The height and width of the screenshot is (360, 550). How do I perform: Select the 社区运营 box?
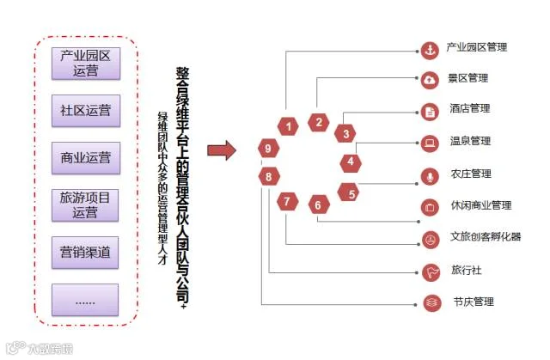tap(85, 111)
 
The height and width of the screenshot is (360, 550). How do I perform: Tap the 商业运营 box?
tap(85, 158)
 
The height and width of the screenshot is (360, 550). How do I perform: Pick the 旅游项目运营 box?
tap(85, 205)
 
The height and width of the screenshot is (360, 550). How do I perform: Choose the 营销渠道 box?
tap(85, 253)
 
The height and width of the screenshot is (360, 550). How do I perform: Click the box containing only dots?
tap(85, 300)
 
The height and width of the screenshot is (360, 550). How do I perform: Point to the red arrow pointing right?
tap(222, 152)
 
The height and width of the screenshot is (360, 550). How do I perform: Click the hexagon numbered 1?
tap(290, 127)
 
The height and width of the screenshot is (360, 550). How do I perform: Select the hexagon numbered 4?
tap(351, 161)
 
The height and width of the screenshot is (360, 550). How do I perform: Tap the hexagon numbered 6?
tap(317, 205)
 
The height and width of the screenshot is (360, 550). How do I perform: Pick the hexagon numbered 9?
tap(269, 149)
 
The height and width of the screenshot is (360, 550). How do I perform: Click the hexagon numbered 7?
tap(287, 203)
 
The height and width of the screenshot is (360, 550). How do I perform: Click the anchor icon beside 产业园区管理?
tap(429, 48)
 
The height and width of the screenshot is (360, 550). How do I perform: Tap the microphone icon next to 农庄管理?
tap(429, 175)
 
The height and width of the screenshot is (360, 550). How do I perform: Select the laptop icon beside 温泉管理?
tap(429, 143)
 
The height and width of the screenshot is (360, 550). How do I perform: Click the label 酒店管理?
tap(469, 109)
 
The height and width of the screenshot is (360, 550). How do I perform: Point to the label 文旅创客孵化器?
tap(485, 237)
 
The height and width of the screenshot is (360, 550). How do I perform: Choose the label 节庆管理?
tap(473, 302)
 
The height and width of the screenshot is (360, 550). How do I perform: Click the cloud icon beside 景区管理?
tap(429, 79)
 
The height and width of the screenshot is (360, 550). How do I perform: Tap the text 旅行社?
tap(466, 271)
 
